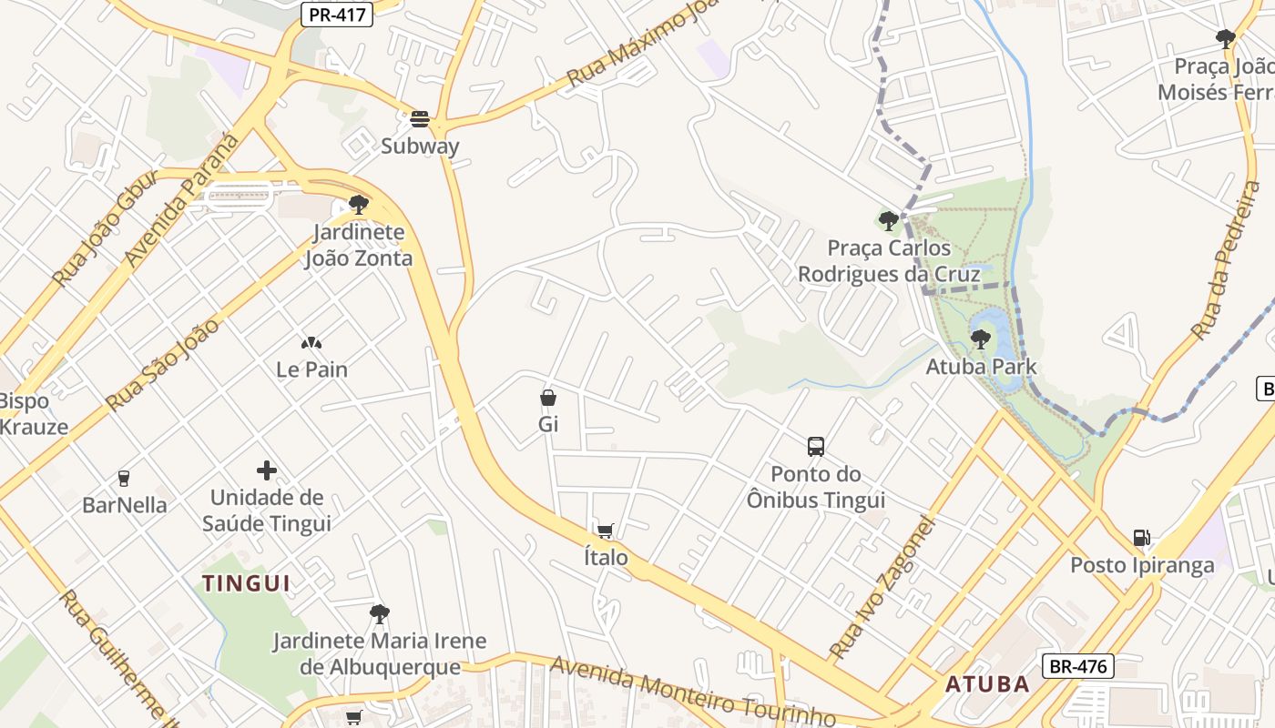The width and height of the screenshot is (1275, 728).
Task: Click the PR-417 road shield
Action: pos(337,15)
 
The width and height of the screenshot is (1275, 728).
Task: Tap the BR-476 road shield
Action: pos(1078,666)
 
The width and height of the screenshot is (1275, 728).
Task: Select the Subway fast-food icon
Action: pos(420,119)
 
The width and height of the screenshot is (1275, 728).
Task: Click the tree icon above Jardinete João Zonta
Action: pos(359,205)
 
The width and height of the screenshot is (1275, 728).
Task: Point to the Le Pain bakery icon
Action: pos(311,343)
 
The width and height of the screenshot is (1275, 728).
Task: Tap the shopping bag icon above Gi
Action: pos(548,398)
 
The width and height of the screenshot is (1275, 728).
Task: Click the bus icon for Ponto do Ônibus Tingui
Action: pos(816,447)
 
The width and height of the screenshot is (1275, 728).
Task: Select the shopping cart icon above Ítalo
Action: pos(605,531)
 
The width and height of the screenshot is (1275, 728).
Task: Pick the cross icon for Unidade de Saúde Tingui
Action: pos(267,470)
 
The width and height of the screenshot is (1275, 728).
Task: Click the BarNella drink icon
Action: pos(124,478)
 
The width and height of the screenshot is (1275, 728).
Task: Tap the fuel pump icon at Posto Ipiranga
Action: pos(1141,538)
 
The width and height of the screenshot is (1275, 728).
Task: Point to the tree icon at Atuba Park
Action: pos(981,339)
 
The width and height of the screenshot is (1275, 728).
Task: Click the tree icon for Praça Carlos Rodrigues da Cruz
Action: pos(888,220)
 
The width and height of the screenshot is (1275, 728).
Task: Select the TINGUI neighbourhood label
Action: pos(246,583)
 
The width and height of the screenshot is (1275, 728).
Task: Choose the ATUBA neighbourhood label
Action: pos(987,684)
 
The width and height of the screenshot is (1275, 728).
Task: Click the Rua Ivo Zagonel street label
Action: pos(883,587)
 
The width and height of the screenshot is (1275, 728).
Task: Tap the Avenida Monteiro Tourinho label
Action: pos(692,693)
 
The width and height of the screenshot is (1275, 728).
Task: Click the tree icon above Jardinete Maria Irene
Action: pos(380,614)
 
